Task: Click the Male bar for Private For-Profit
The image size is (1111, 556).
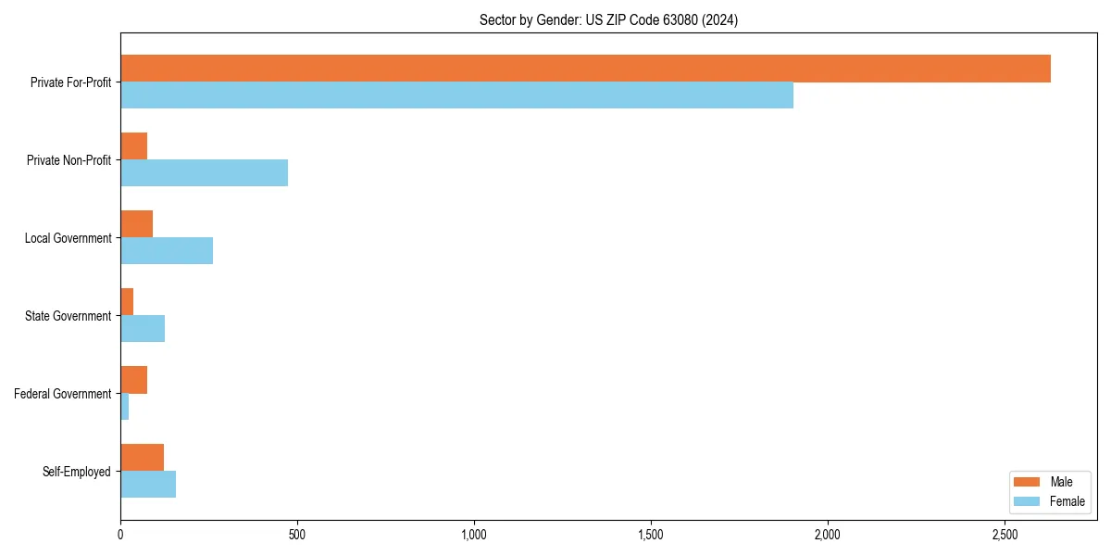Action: point(585,69)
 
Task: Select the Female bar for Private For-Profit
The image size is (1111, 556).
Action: point(456,95)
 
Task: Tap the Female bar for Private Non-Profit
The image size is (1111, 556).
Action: point(204,173)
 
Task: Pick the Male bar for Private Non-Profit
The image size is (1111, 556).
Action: point(133,146)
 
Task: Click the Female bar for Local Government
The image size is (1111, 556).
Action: point(167,251)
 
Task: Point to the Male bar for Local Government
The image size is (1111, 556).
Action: point(136,224)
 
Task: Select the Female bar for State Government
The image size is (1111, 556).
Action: point(143,329)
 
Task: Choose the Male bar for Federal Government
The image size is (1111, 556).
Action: point(133,380)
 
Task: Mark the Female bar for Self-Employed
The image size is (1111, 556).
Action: point(148,485)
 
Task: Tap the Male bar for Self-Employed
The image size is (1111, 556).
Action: point(142,458)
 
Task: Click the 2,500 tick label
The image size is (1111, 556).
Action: point(1005,535)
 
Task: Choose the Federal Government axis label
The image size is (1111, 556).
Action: point(62,394)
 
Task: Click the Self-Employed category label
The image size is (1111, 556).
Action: point(76,472)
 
